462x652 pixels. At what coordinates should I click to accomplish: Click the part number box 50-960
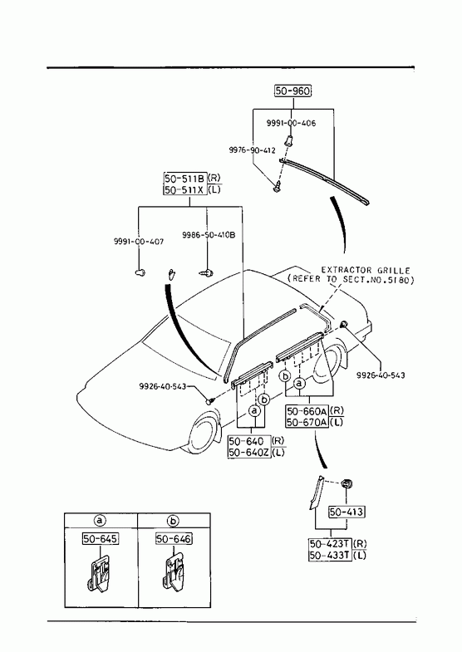[292, 91]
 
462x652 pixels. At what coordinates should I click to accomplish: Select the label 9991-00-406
[291, 123]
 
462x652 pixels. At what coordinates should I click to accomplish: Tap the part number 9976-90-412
[252, 150]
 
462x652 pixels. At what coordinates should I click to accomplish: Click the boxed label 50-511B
[184, 179]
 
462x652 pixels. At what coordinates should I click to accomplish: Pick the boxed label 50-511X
[184, 190]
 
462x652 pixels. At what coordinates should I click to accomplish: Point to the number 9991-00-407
[139, 242]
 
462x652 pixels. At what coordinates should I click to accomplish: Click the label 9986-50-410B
[209, 235]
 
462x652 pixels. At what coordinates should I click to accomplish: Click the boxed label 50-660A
[307, 411]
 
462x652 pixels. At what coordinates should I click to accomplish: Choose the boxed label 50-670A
[307, 422]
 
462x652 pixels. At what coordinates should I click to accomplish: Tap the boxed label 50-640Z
[249, 453]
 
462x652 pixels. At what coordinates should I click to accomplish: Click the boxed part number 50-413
[346, 512]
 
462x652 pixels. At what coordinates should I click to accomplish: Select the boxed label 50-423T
[330, 544]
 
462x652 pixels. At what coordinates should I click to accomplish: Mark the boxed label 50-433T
[330, 555]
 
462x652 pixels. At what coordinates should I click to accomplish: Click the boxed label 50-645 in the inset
[101, 539]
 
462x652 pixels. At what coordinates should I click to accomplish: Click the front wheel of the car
[203, 435]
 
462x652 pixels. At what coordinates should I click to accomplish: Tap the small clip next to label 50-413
[346, 483]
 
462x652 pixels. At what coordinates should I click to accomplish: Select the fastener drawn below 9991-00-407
[140, 272]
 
